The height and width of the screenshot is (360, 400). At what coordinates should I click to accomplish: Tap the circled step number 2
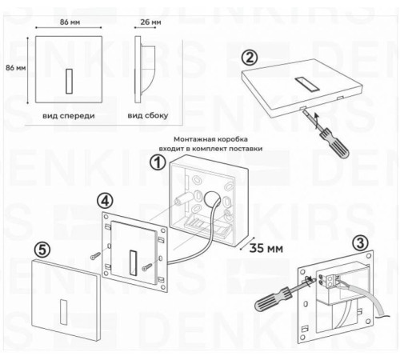tap(250, 58)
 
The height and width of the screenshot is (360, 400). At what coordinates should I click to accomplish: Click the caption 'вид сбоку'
tap(147, 115)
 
